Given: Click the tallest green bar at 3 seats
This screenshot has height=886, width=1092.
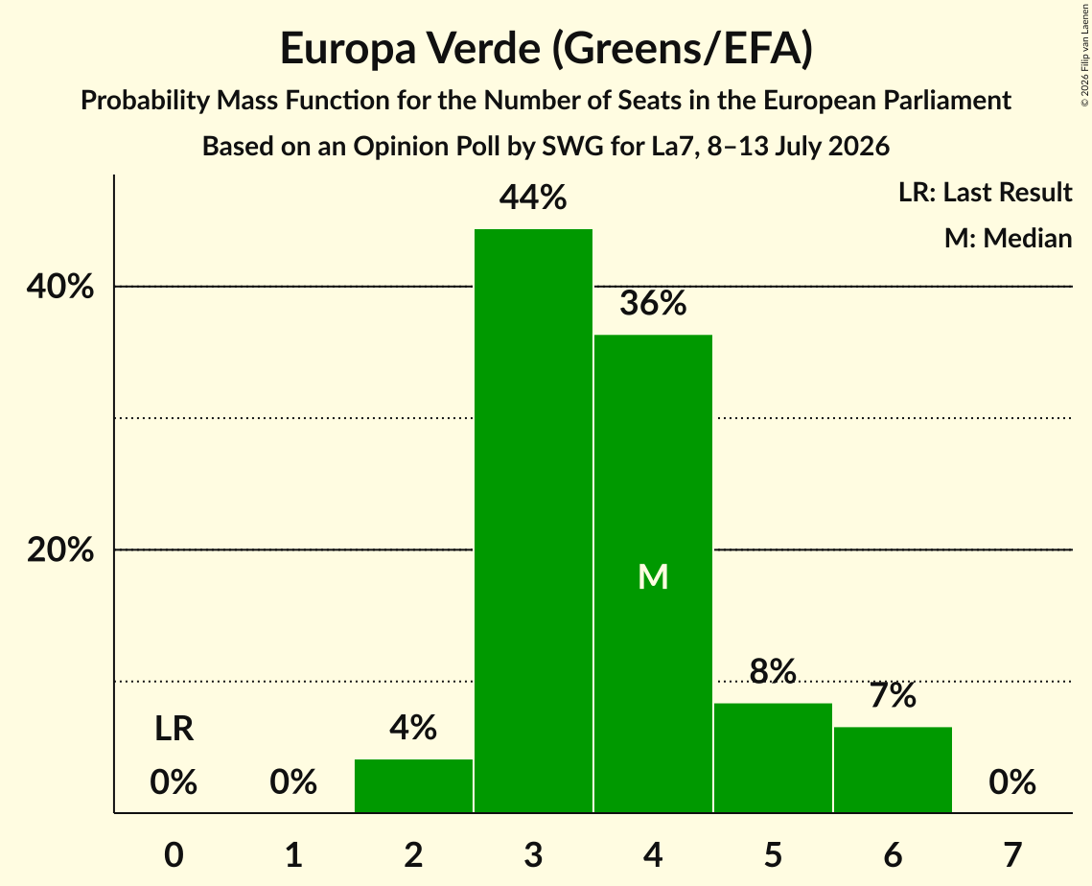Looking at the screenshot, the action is coord(533,521).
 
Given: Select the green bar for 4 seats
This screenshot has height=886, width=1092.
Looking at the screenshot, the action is coord(653,573).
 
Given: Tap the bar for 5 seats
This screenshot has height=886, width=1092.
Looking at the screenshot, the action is coord(773,758).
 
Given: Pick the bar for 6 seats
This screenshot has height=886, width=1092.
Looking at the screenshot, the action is coord(893,770).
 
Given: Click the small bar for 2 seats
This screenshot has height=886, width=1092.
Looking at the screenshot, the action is coord(413,785).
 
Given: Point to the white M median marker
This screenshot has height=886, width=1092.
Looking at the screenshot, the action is coord(653,576).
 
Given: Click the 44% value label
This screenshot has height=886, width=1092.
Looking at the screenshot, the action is coord(533,198).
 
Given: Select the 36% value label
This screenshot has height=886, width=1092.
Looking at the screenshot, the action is coord(653,303).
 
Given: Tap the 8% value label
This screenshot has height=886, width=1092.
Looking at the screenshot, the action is coord(773,671).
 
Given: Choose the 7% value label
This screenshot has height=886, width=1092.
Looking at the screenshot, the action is coord(893,695).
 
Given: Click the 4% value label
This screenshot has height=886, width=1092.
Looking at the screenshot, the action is coord(413,728).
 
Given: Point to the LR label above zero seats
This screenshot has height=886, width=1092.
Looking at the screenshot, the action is coord(174,729).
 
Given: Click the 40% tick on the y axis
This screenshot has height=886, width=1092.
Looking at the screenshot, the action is coord(59,287).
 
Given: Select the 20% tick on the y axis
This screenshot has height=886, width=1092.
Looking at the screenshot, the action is coord(59,549).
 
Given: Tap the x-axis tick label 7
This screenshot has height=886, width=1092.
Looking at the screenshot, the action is coord(1012,854).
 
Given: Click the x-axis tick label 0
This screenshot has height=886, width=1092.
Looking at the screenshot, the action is coord(174,854).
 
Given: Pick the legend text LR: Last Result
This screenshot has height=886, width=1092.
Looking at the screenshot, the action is coord(985,192).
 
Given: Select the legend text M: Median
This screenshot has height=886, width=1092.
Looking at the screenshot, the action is coord(1008,238).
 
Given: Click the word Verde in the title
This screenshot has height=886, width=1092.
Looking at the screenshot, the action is coord(482,48).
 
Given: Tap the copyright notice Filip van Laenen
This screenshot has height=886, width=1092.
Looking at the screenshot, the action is coord(1084,55).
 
